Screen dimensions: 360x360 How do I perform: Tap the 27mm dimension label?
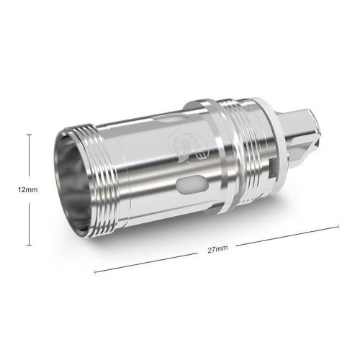coord(217,248)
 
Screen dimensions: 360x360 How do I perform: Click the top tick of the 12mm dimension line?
coord(28,133)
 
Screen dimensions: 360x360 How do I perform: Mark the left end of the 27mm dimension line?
coord(94,272)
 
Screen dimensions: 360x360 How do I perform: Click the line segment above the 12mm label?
coord(28,158)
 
